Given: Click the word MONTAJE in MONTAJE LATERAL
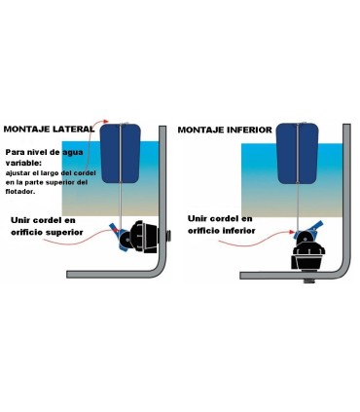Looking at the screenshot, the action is pos(28,129).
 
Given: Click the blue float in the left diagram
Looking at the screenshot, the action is pos(118,154).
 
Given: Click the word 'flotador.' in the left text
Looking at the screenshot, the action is pos(24,191).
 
